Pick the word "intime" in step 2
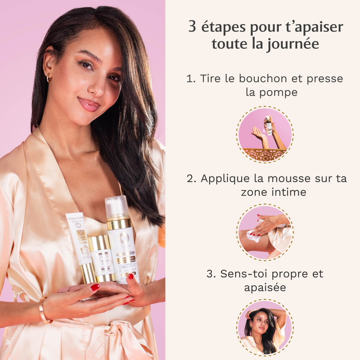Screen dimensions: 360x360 [292, 192]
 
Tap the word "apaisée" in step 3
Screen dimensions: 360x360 [265, 287]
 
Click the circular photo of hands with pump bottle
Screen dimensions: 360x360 [265, 134]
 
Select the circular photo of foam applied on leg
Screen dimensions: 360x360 [265, 232]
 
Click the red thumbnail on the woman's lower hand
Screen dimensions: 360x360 [95, 287]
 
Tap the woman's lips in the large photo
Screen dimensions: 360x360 [89, 105]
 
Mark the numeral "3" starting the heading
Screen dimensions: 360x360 [192, 27]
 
